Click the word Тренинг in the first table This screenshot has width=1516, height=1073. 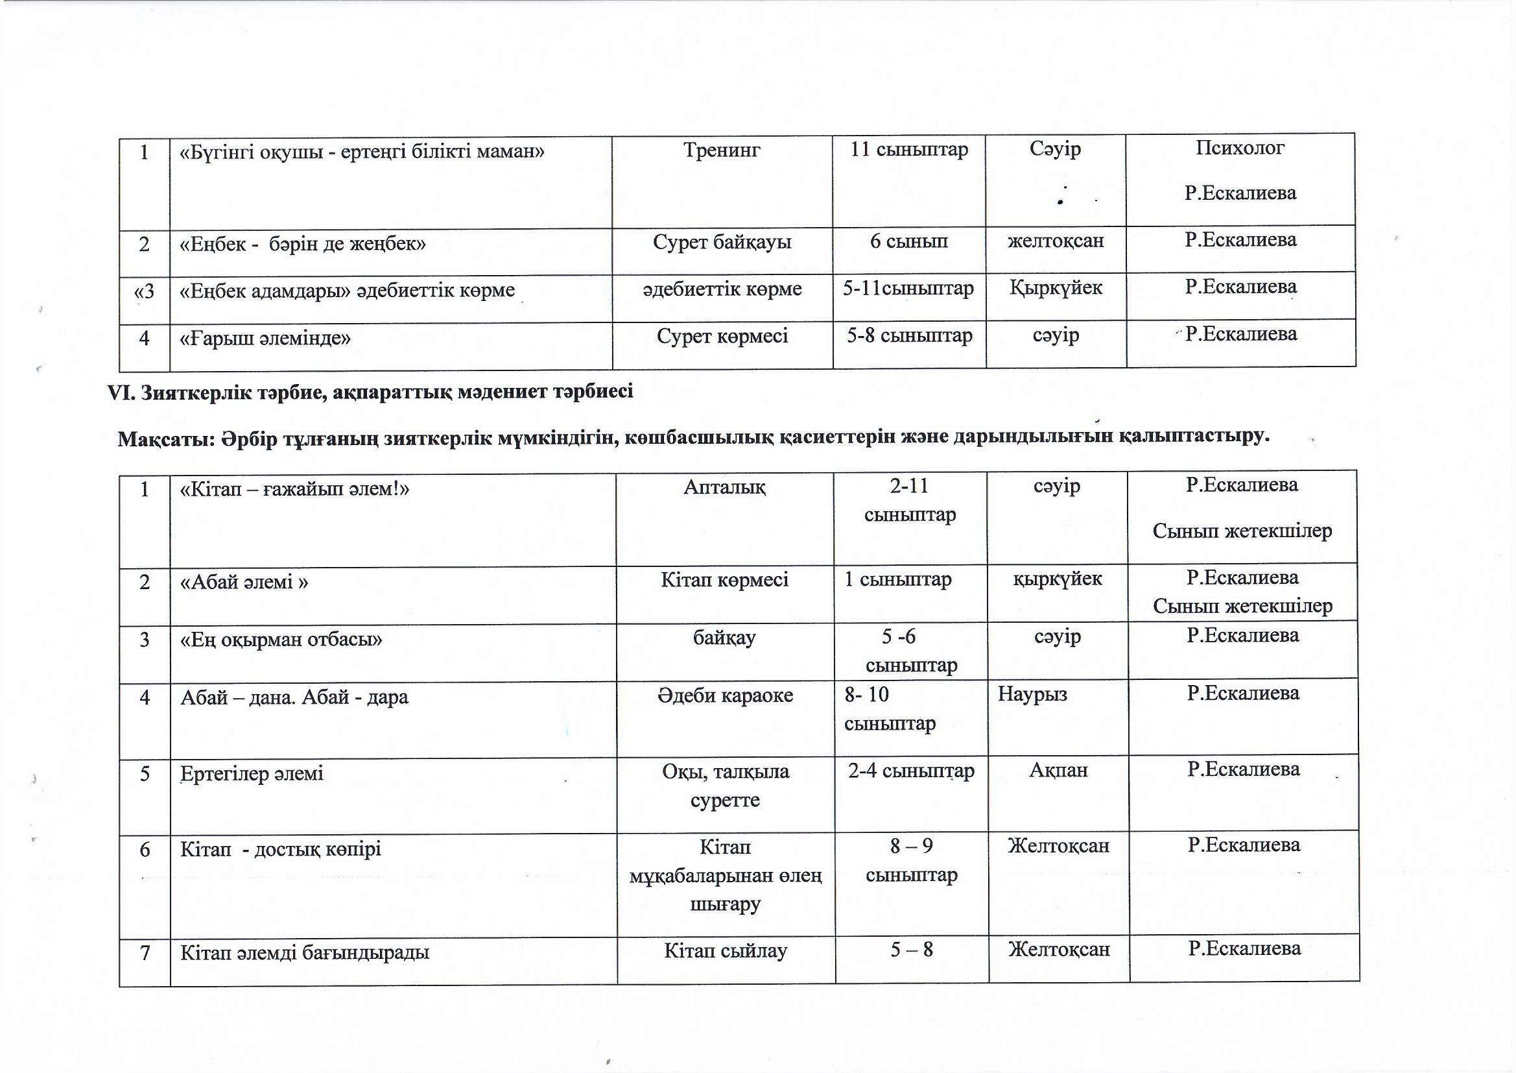point(722,151)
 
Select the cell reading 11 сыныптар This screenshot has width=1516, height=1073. point(909,150)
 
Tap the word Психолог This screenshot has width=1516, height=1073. point(1240,148)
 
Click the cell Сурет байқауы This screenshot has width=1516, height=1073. point(722,243)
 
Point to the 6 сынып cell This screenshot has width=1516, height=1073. point(908,241)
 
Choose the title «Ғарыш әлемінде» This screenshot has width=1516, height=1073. point(265,339)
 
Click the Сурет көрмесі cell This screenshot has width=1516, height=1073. point(722,336)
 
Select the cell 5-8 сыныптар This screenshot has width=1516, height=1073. point(909,335)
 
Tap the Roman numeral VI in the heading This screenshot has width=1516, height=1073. point(121,392)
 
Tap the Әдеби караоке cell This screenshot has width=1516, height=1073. point(725,695)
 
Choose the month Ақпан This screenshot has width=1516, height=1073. point(1058,771)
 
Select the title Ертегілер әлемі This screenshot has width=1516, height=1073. point(252,774)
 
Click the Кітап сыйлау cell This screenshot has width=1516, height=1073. point(726,952)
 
